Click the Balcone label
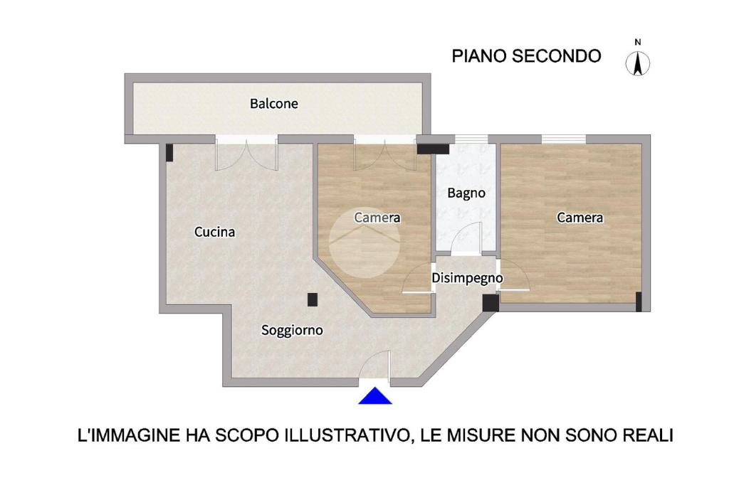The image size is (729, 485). click(x=274, y=104)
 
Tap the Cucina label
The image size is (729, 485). click(x=214, y=232)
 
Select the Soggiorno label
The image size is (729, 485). click(x=292, y=330)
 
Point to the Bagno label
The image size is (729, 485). click(x=466, y=193)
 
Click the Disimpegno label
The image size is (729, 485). click(x=467, y=278)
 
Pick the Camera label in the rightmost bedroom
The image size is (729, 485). click(x=579, y=218)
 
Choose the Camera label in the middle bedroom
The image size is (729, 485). click(x=377, y=218)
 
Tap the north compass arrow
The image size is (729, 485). click(x=638, y=63)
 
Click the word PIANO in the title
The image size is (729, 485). click(x=479, y=56)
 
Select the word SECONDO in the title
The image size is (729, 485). click(x=557, y=56)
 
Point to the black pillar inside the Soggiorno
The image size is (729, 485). click(x=313, y=299)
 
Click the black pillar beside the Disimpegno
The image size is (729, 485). click(x=491, y=303)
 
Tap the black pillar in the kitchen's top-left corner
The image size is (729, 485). click(x=169, y=153)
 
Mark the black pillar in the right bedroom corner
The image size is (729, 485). click(x=639, y=302)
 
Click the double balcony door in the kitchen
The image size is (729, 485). click(x=246, y=154)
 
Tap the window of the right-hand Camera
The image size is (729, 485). click(x=564, y=139)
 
